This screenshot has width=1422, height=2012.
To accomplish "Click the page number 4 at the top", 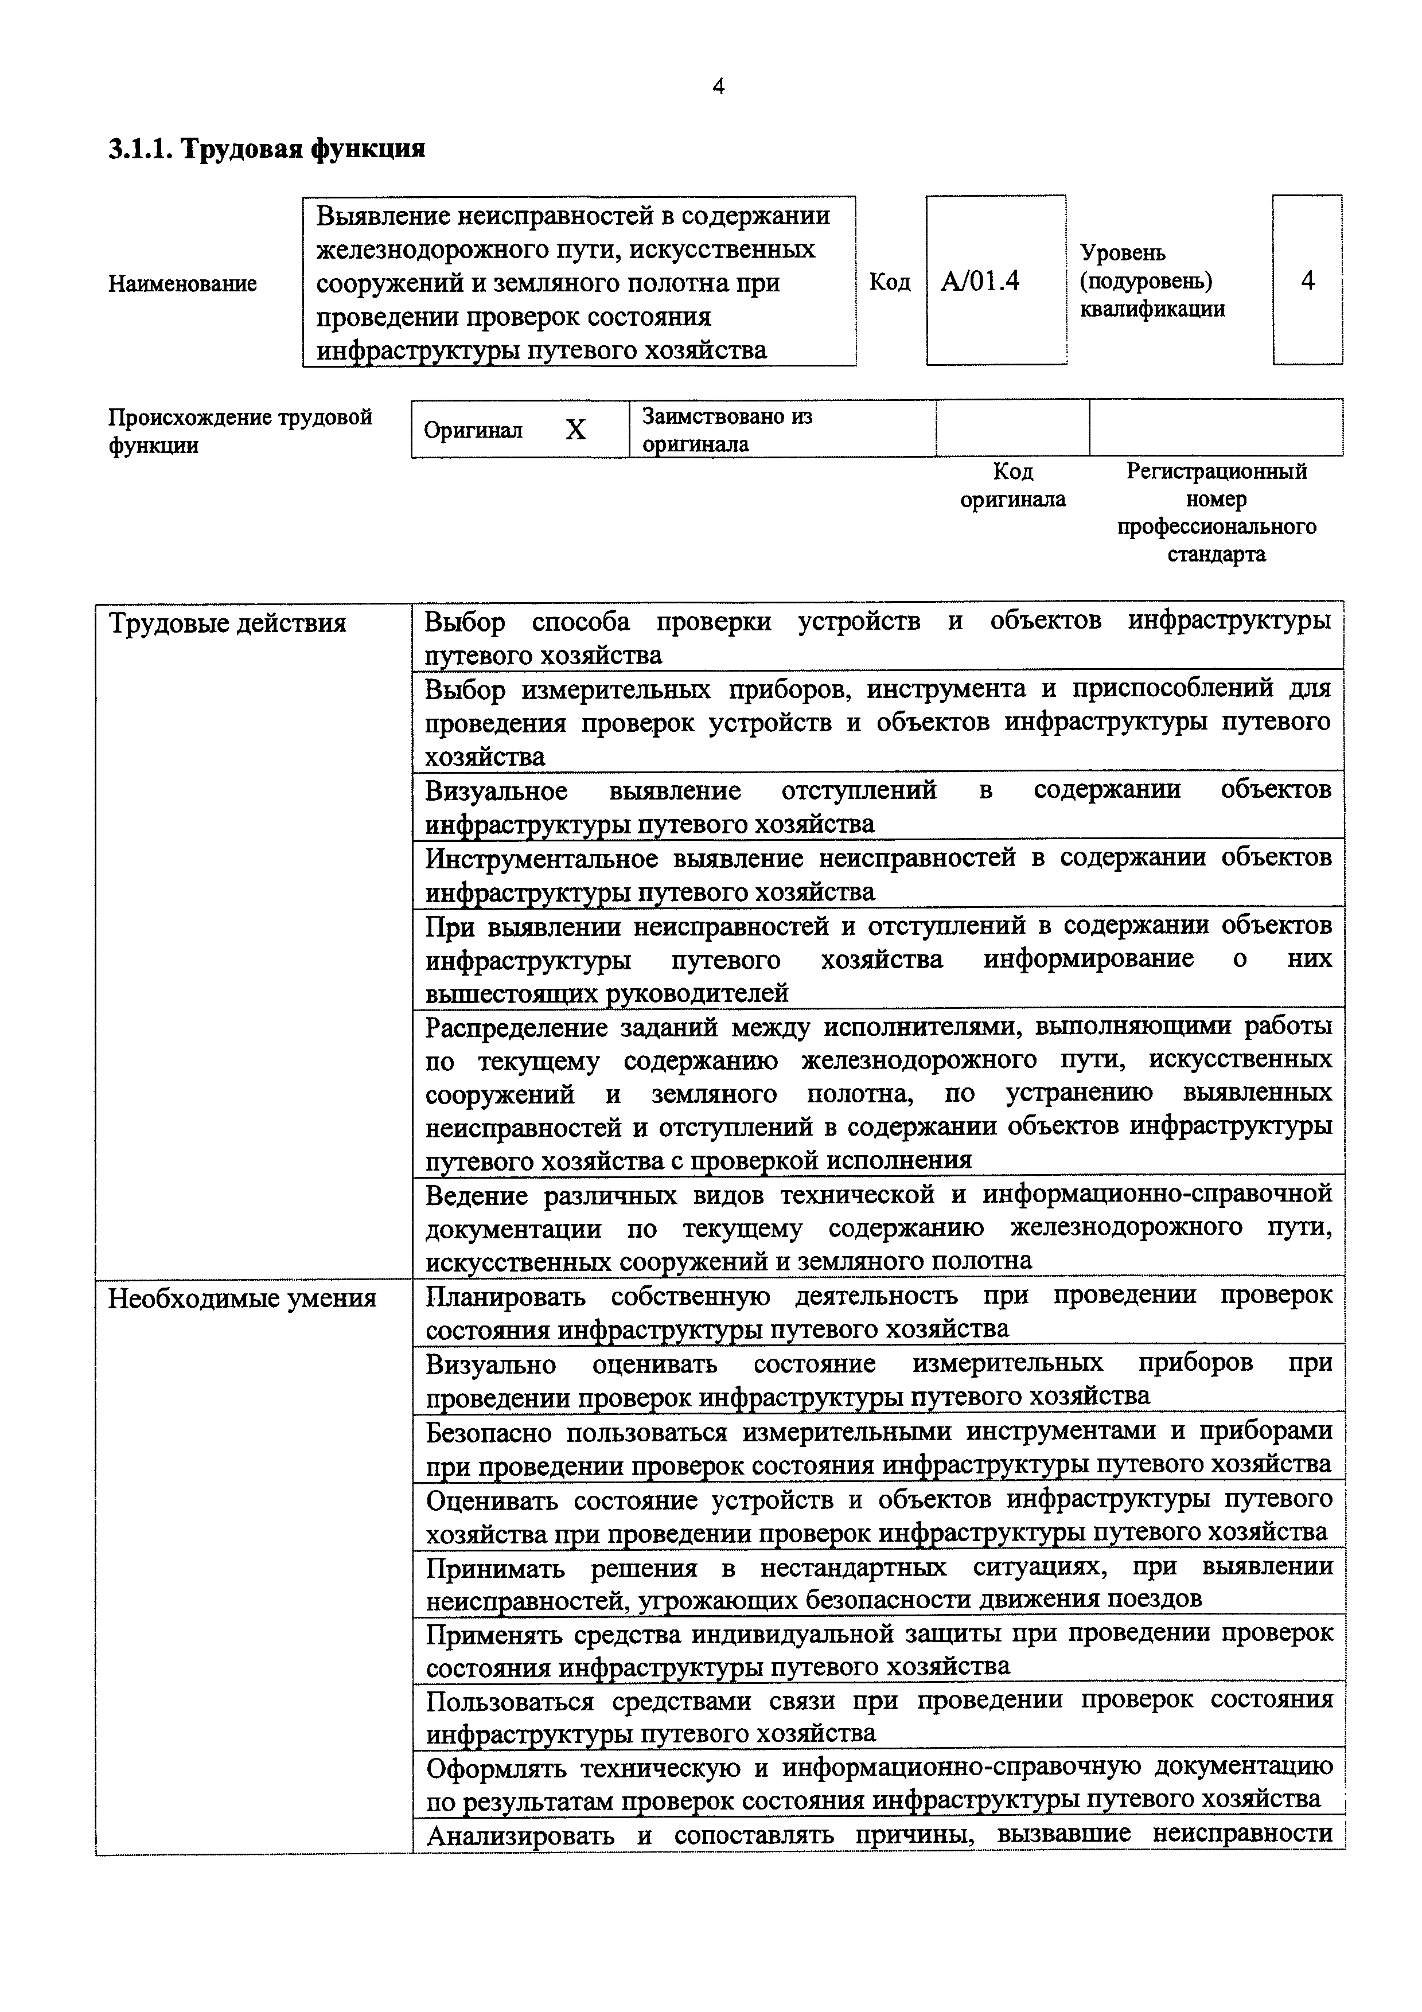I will coord(718,87).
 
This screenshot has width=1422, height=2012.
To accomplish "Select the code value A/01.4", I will coord(980,281).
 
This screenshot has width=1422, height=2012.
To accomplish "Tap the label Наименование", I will coord(182,284).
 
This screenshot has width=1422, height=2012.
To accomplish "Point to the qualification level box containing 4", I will coord(1307,280).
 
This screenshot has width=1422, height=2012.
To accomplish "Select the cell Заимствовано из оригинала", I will coord(727,430).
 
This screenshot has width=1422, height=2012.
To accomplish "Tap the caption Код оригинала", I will coord(1013,485).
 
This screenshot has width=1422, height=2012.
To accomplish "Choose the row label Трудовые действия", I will coord(227,623).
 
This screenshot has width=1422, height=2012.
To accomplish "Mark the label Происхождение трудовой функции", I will coord(239,430).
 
